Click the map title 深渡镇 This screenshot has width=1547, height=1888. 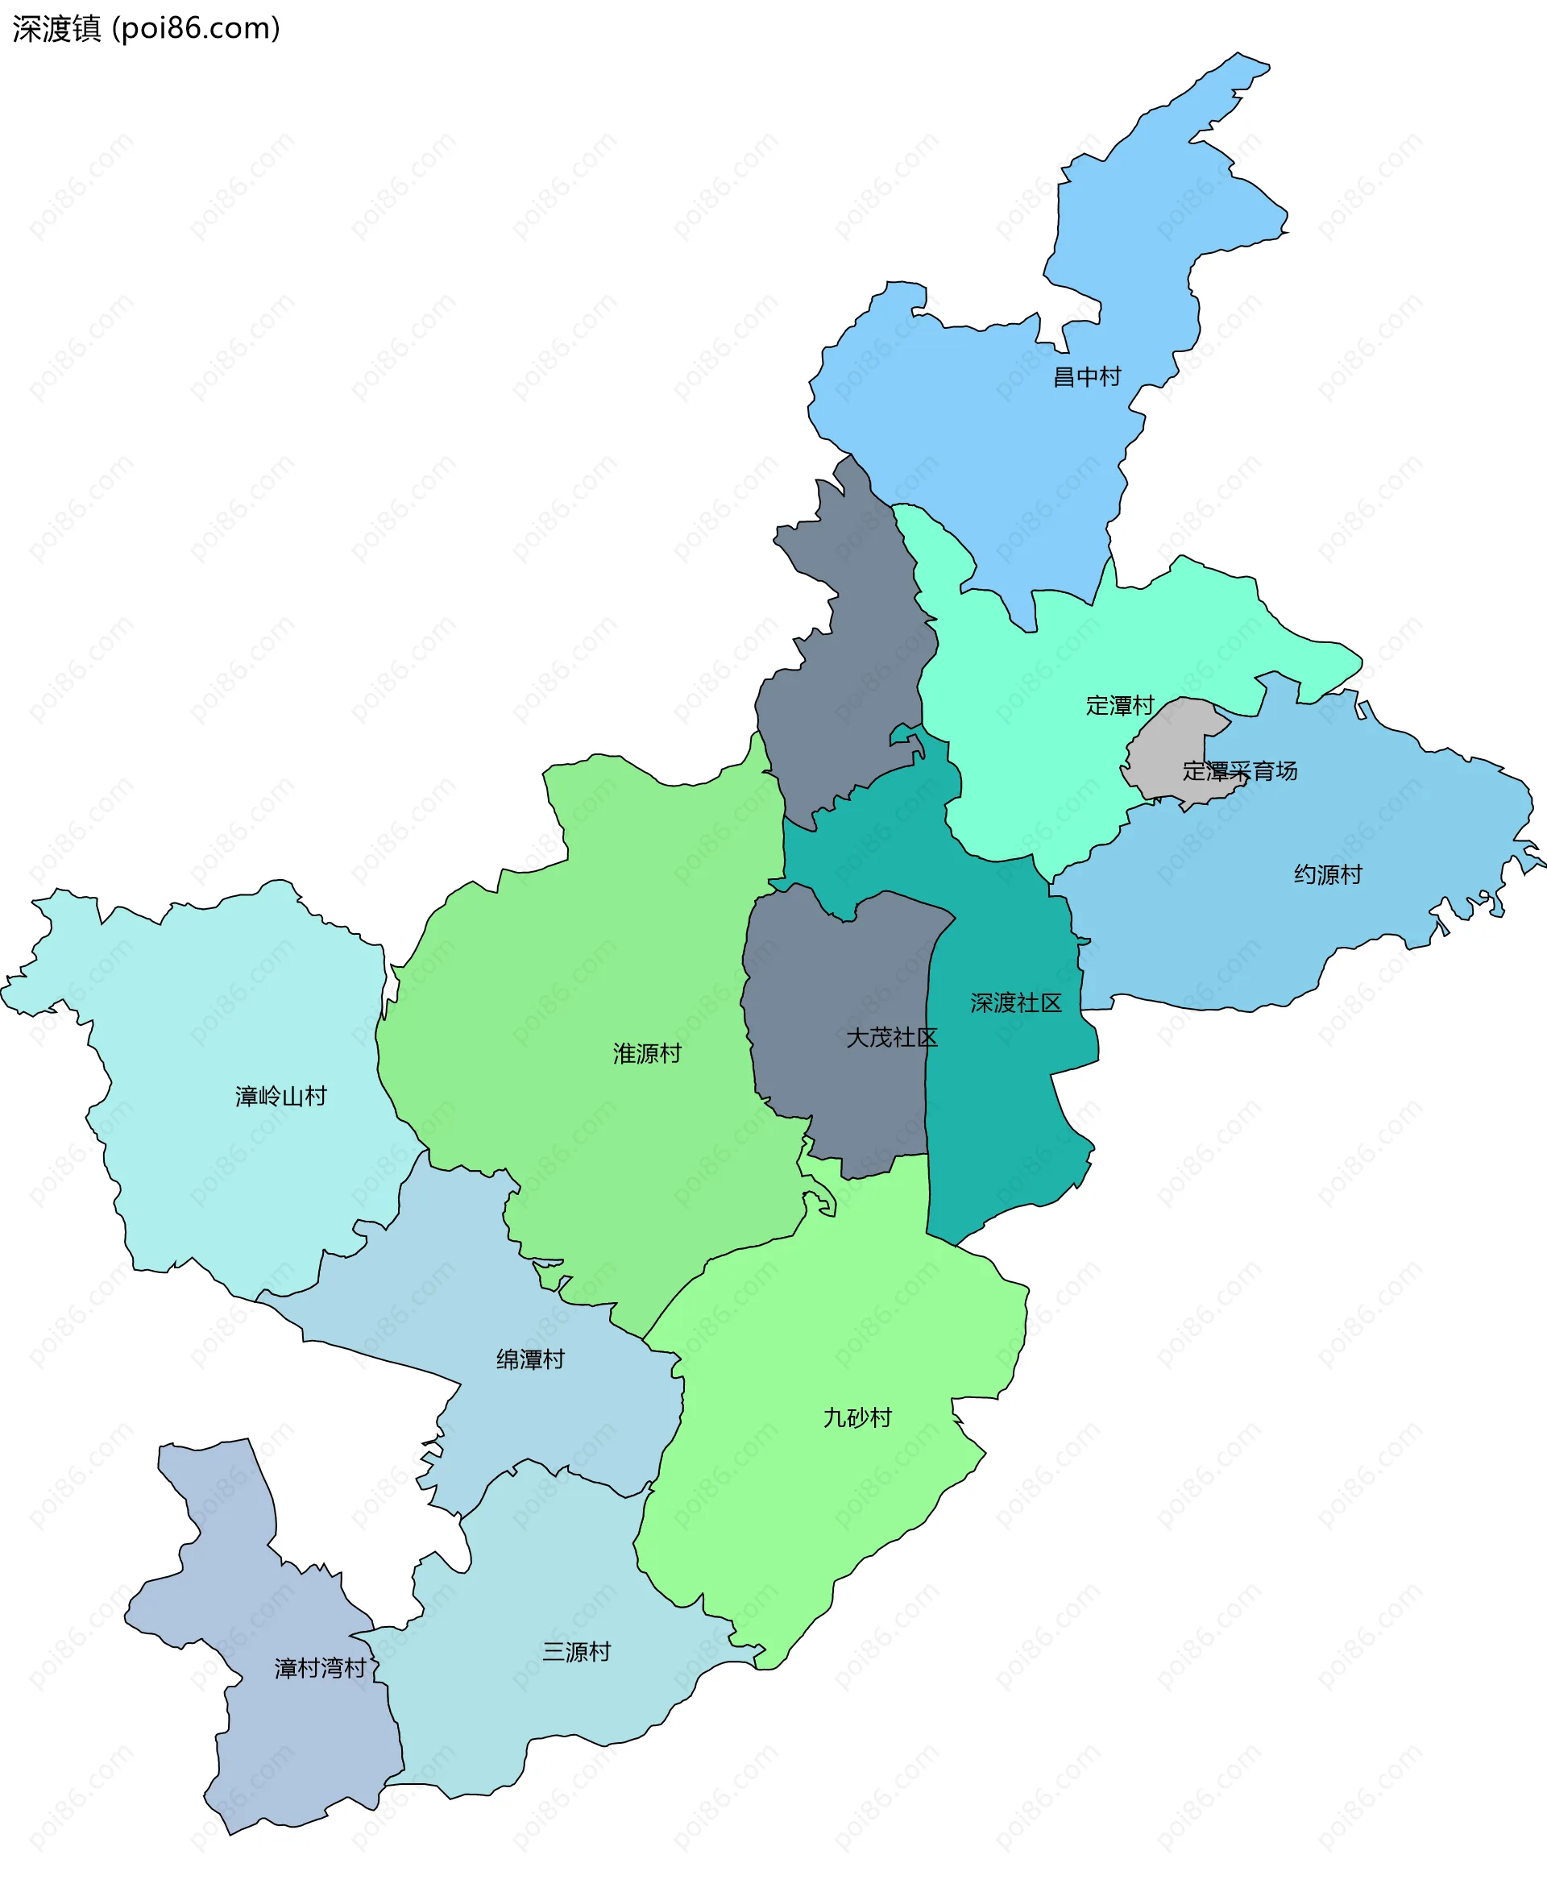[57, 29]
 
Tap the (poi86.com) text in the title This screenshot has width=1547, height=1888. [196, 29]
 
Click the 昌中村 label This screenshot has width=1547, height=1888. [1086, 377]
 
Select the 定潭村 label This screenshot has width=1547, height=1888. [1119, 706]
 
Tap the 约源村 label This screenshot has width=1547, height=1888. [1328, 874]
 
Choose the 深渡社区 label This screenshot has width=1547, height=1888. [1016, 1003]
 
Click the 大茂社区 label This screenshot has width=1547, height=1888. [891, 1037]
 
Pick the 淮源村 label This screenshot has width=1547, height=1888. [647, 1053]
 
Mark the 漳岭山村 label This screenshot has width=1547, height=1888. [280, 1096]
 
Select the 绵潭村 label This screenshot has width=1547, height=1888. [530, 1359]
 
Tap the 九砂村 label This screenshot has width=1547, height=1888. [857, 1417]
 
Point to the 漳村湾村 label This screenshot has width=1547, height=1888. [320, 1668]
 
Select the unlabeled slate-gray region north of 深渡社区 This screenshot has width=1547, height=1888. [847, 668]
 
